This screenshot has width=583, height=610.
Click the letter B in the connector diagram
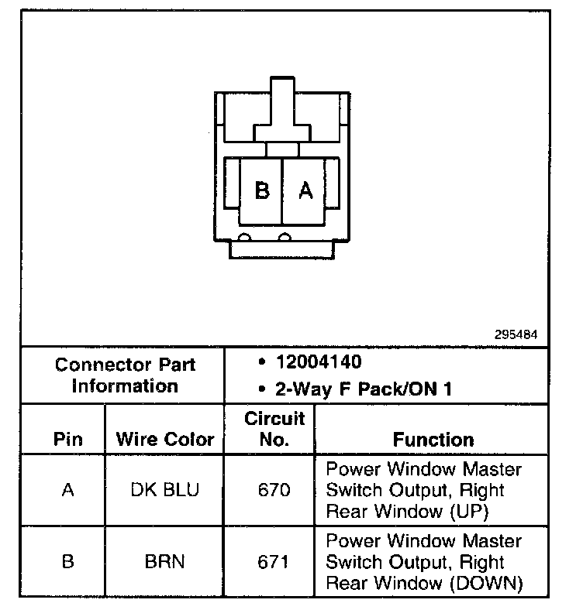[x=262, y=190]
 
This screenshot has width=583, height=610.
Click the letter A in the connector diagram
[x=306, y=190]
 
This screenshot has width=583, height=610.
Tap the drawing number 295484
[x=516, y=335]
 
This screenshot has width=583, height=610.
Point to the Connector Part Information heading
[x=125, y=375]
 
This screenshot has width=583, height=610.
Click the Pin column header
[x=67, y=440]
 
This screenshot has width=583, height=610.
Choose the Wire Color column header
[x=164, y=440]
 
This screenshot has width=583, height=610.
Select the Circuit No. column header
[x=274, y=430]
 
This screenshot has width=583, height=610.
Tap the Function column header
[x=433, y=440]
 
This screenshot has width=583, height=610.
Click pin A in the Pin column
[x=67, y=490]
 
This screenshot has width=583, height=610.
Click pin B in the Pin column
[x=67, y=561]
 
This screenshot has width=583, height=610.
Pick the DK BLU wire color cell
[x=164, y=490]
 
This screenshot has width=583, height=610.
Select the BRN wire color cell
[x=164, y=561]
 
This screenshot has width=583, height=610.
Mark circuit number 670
[x=274, y=490]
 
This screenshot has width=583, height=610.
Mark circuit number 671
[x=274, y=561]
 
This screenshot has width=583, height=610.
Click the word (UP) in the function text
[x=470, y=511]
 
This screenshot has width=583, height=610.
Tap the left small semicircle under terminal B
[x=244, y=237]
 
